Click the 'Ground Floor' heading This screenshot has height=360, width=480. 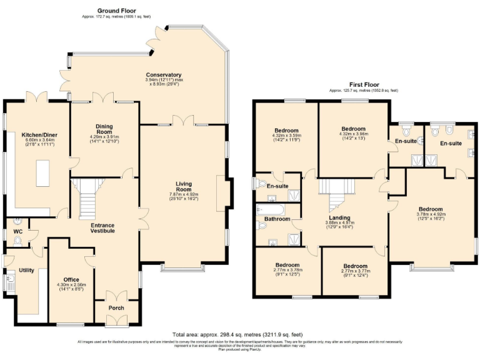pyautogui.click(x=117, y=11)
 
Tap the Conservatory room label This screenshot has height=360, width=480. pyautogui.click(x=164, y=75)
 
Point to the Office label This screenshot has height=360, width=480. pyautogui.click(x=72, y=279)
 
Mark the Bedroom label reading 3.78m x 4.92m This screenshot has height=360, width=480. pyautogui.click(x=431, y=209)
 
